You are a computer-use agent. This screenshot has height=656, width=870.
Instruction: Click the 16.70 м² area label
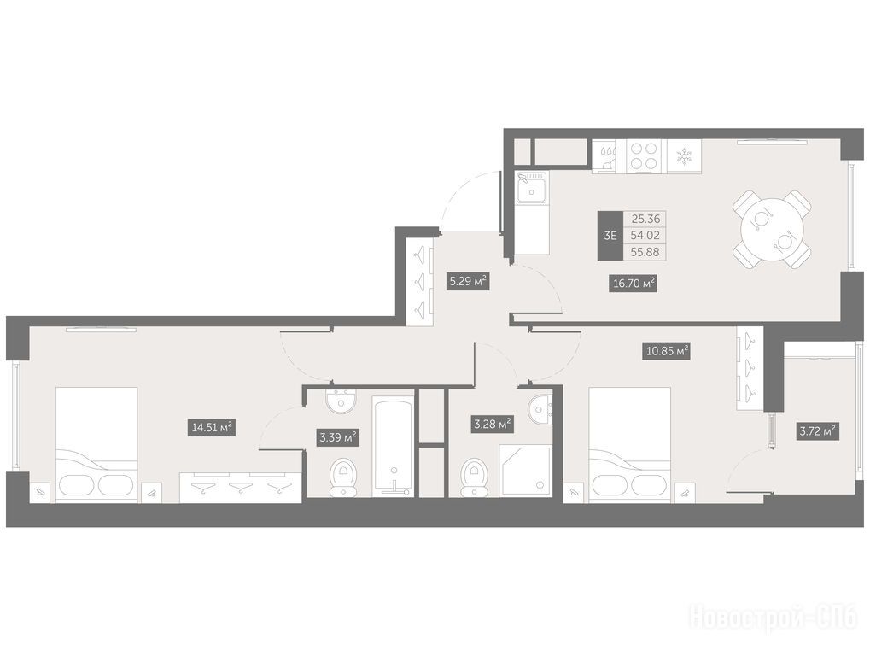pyautogui.click(x=633, y=284)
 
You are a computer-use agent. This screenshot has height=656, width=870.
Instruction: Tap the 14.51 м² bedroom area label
pyautogui.click(x=211, y=427)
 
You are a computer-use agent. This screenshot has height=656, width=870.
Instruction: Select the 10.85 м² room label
pyautogui.click(x=666, y=351)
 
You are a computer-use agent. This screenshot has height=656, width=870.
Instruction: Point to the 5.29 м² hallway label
pyautogui.click(x=467, y=281)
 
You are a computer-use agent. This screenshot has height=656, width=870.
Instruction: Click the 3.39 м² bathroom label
pyautogui.click(x=337, y=437)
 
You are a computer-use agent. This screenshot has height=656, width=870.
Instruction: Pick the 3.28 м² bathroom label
pyautogui.click(x=492, y=425)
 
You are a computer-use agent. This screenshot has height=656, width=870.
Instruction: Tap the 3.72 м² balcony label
pyautogui.click(x=818, y=431)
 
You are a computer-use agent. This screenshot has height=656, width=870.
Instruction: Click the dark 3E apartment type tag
pyautogui.click(x=610, y=235)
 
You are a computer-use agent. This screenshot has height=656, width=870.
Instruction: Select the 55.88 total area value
pyautogui.click(x=645, y=252)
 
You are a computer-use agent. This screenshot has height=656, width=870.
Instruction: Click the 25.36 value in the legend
pyautogui.click(x=645, y=219)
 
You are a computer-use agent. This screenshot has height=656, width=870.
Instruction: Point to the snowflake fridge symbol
pyautogui.click(x=683, y=156)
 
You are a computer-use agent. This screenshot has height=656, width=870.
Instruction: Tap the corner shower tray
pyautogui.click(x=524, y=470)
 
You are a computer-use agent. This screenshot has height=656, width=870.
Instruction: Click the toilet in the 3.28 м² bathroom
pyautogui.click(x=473, y=477)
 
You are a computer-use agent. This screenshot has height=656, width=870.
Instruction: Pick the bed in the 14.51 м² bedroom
pyautogui.click(x=96, y=443)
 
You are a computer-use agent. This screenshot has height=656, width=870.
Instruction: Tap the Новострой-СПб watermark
pyautogui.click(x=773, y=618)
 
